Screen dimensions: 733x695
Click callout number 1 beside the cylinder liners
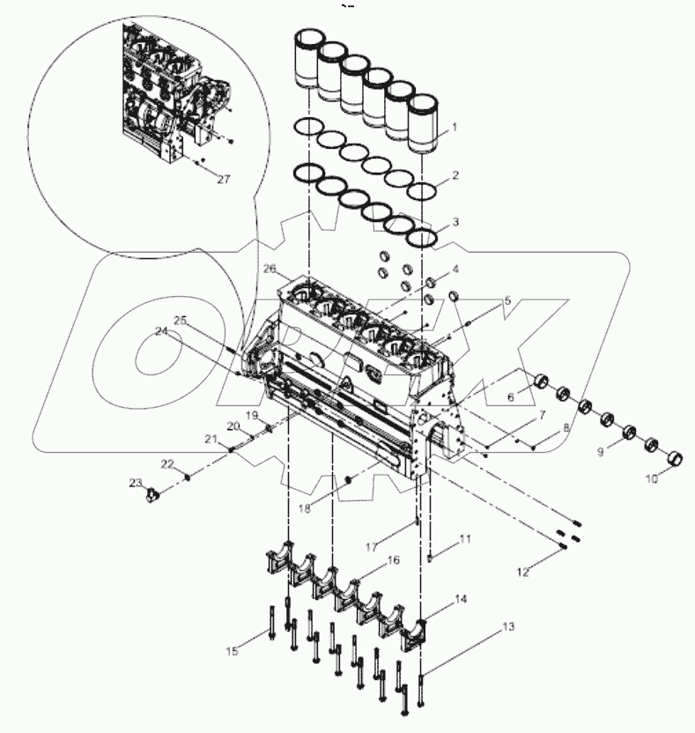[454, 127]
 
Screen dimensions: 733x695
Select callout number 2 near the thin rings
[455, 175]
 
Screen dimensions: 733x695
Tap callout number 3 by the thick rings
[455, 224]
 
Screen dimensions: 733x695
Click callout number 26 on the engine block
[268, 268]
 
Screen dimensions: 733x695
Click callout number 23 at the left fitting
[135, 483]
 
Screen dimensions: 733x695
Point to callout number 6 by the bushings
[510, 397]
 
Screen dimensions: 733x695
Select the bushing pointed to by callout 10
[674, 458]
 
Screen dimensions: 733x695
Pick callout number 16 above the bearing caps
[393, 560]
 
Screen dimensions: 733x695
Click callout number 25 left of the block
[180, 322]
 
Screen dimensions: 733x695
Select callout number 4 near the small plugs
[455, 268]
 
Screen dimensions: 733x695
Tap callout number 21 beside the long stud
[211, 439]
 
